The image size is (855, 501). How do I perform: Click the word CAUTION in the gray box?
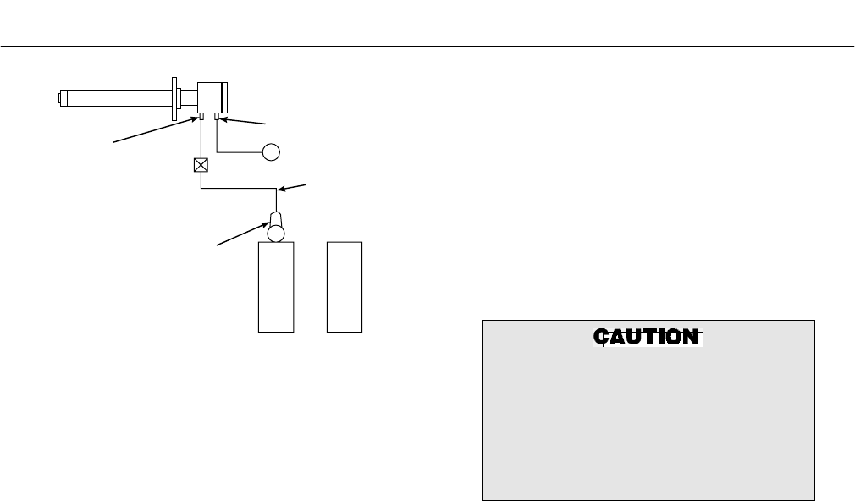(648, 337)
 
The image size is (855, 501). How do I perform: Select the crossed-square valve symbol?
(201, 165)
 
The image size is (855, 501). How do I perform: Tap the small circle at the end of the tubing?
(271, 152)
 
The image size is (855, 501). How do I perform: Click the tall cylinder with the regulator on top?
(275, 288)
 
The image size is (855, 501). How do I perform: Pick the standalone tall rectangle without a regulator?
(345, 288)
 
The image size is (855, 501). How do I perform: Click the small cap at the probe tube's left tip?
(61, 98)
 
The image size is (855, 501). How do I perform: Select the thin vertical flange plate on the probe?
(174, 98)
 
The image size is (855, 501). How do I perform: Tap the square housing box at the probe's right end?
(210, 97)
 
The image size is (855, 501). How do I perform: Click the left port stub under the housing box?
(201, 118)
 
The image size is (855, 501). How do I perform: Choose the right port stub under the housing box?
(218, 118)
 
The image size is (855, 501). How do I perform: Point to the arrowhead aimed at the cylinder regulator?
(263, 226)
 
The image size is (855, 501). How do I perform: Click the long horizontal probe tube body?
(119, 98)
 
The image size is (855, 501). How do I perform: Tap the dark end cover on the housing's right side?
(226, 97)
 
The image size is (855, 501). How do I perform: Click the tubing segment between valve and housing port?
(201, 140)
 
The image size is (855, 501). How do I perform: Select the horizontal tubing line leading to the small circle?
(241, 152)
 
